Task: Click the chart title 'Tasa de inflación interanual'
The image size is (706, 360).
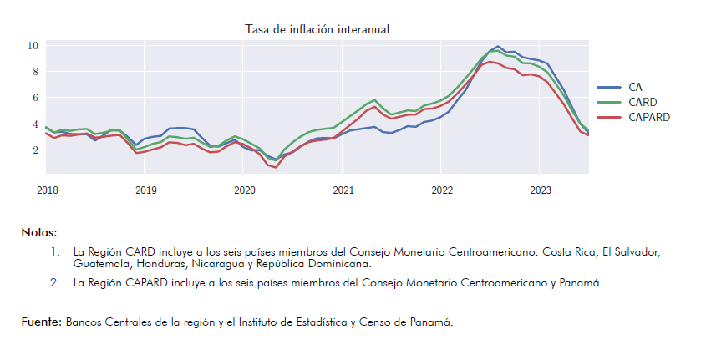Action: point(317,30)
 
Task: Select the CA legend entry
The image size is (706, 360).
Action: point(620,87)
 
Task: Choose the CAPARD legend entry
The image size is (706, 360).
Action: point(633,117)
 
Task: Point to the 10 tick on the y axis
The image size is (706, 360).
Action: point(33,45)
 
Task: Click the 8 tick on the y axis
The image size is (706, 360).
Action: point(36,72)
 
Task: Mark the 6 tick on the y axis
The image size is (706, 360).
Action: point(36,98)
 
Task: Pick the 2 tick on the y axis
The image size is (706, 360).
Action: point(36,150)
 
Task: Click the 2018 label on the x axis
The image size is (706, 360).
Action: point(48,190)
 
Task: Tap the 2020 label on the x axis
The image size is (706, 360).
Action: point(245,190)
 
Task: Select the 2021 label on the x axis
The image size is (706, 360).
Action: point(343,190)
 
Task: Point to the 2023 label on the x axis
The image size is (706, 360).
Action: point(541,190)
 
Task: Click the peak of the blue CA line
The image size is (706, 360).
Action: point(497,46)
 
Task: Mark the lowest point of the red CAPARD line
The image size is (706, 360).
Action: point(276,167)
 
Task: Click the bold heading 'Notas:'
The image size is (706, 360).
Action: point(39,233)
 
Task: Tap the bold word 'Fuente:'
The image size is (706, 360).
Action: point(42,322)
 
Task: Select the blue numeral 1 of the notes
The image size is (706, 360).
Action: point(55,252)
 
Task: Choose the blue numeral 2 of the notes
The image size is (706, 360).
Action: point(55,283)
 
